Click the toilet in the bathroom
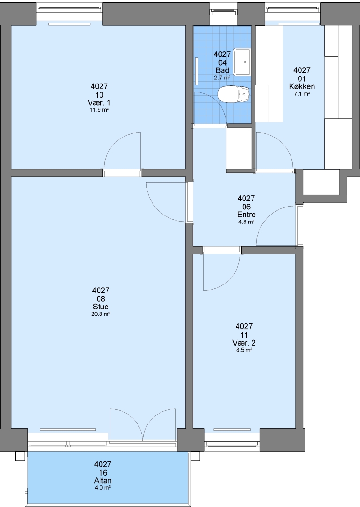pyautogui.click(x=233, y=94)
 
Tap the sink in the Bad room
pyautogui.click(x=242, y=62)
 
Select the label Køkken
pyautogui.click(x=302, y=87)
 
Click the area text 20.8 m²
pyautogui.click(x=101, y=314)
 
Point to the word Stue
pyautogui.click(x=100, y=307)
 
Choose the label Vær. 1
pyautogui.click(x=99, y=103)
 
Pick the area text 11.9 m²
pyautogui.click(x=99, y=110)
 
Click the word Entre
pyautogui.click(x=246, y=215)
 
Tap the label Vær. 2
pyautogui.click(x=244, y=343)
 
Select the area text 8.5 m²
pyautogui.click(x=244, y=350)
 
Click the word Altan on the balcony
pyautogui.click(x=103, y=481)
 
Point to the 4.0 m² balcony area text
pyautogui.click(x=103, y=488)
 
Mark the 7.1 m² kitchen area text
pyautogui.click(x=302, y=94)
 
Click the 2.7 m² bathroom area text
pyautogui.click(x=222, y=77)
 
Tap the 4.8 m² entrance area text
pyautogui.click(x=246, y=222)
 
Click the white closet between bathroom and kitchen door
pyautogui.click(x=239, y=149)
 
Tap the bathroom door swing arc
pyautogui.click(x=217, y=100)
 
